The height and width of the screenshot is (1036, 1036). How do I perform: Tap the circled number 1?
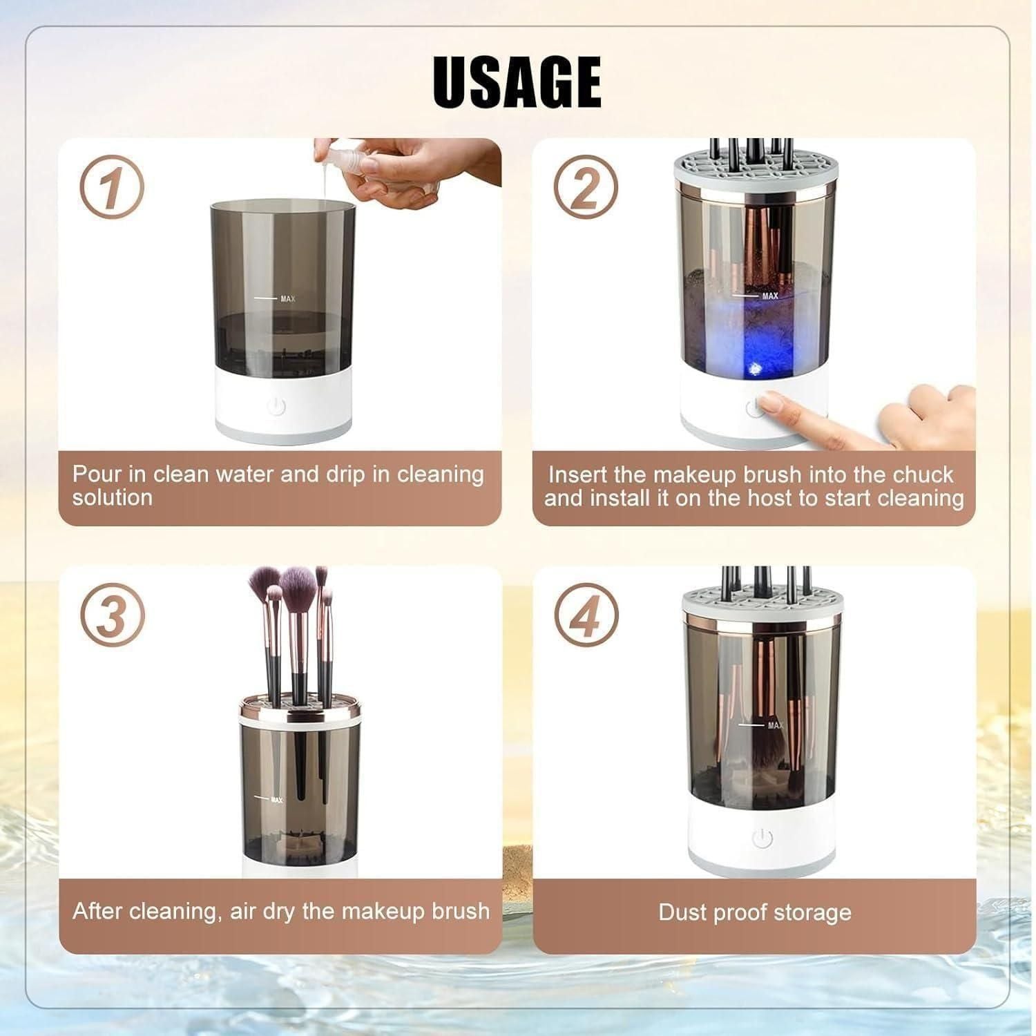111,187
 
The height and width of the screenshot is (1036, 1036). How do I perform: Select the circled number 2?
586,187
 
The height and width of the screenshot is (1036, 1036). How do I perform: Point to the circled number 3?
111,614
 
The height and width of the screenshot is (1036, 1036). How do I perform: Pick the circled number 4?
586,615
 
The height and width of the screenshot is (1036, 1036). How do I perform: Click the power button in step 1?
276,406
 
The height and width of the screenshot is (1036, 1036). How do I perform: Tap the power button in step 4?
761,838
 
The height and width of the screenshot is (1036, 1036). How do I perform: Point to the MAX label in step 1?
287,299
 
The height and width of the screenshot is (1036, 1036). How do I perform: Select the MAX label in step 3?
276,800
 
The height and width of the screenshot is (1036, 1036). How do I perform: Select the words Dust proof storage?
754,912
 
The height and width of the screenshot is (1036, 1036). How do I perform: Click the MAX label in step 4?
775,725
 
